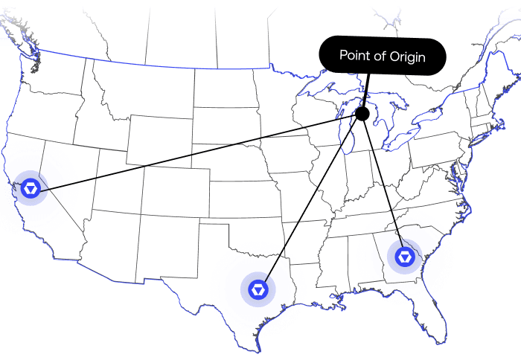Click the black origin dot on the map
(362, 114)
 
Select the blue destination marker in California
(31, 189)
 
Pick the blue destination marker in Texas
(258, 288)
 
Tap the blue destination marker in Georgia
(404, 257)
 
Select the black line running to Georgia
(383, 186)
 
